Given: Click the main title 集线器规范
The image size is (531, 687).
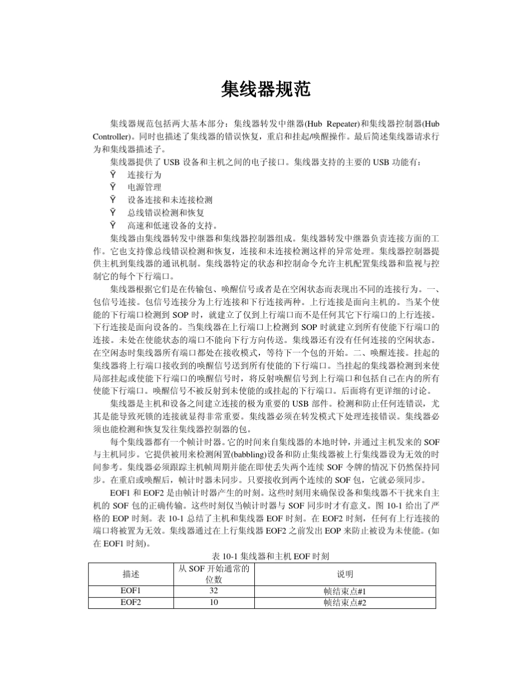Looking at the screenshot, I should pyautogui.click(x=265, y=88).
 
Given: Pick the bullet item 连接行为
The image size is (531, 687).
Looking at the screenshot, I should pyautogui.click(x=144, y=175).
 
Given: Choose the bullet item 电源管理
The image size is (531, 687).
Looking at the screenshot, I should pyautogui.click(x=144, y=187).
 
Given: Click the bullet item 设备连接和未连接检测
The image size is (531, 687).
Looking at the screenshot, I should pyautogui.click(x=170, y=200).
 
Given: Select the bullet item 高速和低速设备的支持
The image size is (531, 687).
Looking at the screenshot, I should pyautogui.click(x=170, y=226).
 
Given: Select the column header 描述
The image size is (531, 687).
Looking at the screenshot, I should pyautogui.click(x=131, y=574).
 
